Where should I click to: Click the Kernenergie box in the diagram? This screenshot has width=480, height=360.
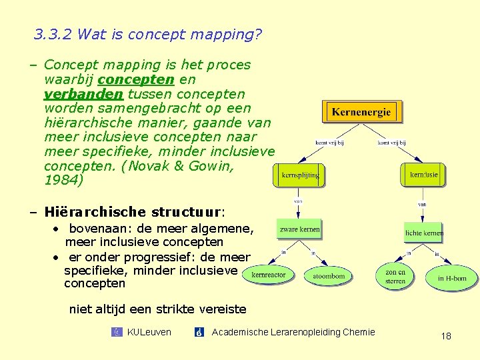click(x=362, y=112)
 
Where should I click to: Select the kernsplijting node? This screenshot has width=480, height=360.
click(x=300, y=175)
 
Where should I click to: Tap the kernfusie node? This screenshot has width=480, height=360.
click(x=424, y=175)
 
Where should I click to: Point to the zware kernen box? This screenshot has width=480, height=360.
click(x=299, y=229)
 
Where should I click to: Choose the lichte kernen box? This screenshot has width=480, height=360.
click(x=424, y=233)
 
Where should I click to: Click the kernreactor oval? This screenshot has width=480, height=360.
click(x=269, y=275)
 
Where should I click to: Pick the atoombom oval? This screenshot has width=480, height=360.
click(x=329, y=276)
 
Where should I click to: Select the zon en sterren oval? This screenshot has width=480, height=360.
click(x=395, y=277)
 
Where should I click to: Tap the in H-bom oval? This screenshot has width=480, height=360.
click(x=452, y=278)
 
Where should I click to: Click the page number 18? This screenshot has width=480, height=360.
click(x=446, y=336)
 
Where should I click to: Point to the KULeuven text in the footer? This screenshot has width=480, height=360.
click(x=149, y=332)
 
